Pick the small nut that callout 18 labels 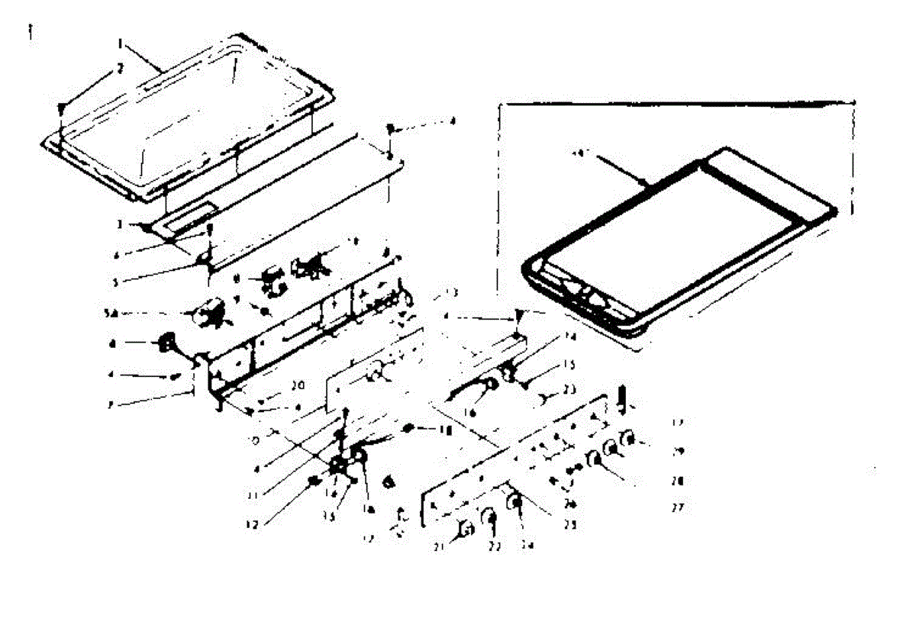(x=410, y=429)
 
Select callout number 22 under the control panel (x=494, y=546)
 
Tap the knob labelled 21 (x=465, y=530)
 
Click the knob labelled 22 (x=489, y=521)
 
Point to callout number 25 (x=569, y=524)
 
